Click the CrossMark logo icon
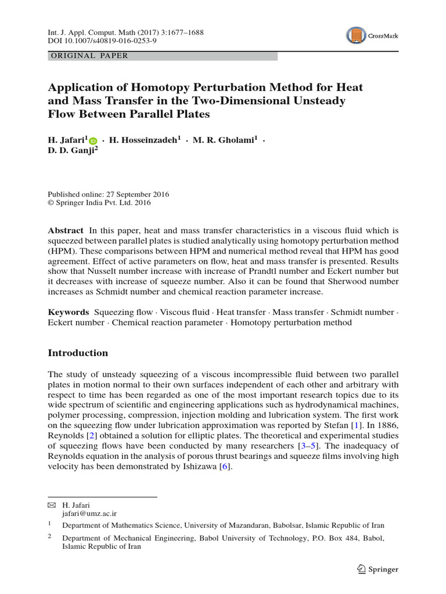(x=357, y=36)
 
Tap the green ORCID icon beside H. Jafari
(x=94, y=140)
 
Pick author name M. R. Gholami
(x=223, y=140)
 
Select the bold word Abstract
(x=65, y=230)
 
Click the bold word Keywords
(x=68, y=312)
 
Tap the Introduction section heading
(x=78, y=353)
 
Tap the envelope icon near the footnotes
(x=52, y=505)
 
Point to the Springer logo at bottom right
(x=376, y=569)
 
